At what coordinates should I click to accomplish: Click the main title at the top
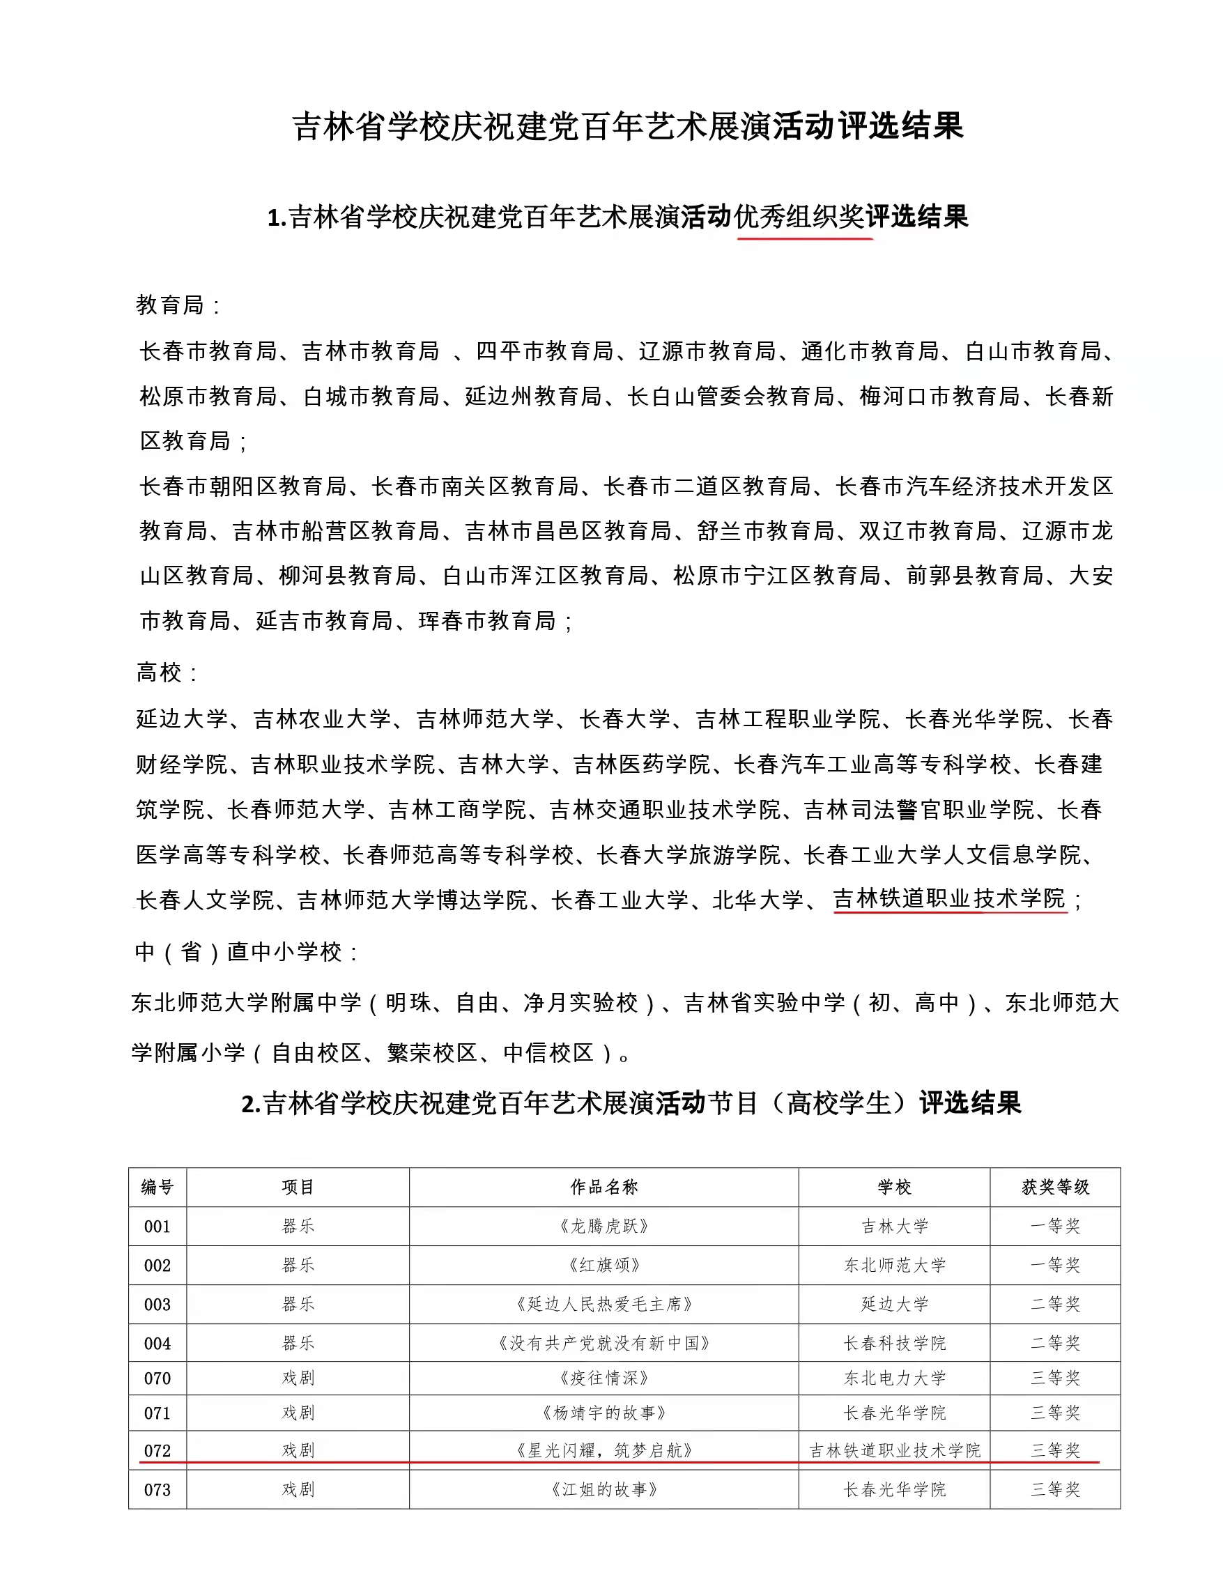tap(627, 126)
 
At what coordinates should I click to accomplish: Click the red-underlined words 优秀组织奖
tap(799, 216)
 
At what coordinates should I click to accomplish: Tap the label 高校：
tap(167, 673)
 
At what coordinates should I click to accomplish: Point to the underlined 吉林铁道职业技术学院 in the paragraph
tap(949, 898)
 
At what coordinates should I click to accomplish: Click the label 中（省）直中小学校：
tap(246, 952)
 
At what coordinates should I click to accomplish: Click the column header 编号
tap(157, 1187)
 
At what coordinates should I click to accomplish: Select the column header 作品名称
tap(603, 1187)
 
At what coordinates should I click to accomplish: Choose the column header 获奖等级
tap(1055, 1187)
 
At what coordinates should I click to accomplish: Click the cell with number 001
tap(157, 1226)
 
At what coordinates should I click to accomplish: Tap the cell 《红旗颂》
tap(603, 1265)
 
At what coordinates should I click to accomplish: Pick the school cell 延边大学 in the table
tap(894, 1304)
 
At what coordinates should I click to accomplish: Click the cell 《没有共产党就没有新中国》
tap(603, 1343)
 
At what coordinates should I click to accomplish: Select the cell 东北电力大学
tap(894, 1378)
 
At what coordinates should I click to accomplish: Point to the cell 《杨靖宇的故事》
tap(603, 1413)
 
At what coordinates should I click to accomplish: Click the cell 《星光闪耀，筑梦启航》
tap(603, 1450)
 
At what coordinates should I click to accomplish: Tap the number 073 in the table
tap(157, 1489)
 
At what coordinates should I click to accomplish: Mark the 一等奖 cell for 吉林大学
tap(1055, 1226)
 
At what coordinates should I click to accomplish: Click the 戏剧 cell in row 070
tap(298, 1378)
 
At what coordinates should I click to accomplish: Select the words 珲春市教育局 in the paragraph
tap(486, 621)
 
